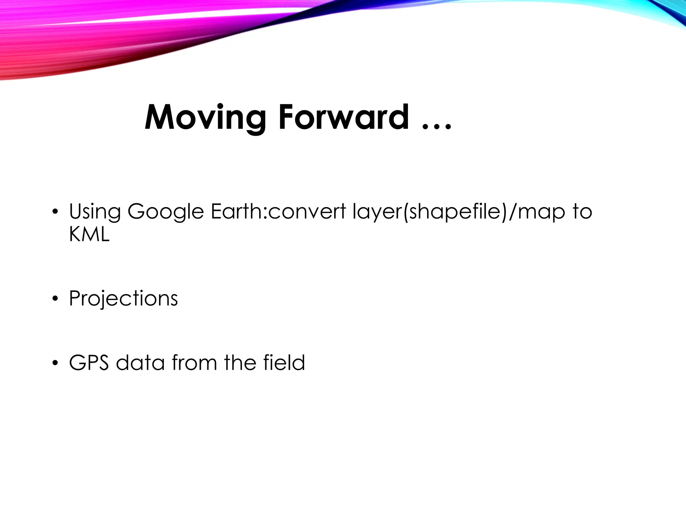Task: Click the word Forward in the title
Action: click(344, 117)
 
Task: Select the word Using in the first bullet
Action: click(94, 212)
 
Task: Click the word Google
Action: click(165, 212)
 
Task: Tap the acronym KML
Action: click(89, 234)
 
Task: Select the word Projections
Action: click(123, 298)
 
